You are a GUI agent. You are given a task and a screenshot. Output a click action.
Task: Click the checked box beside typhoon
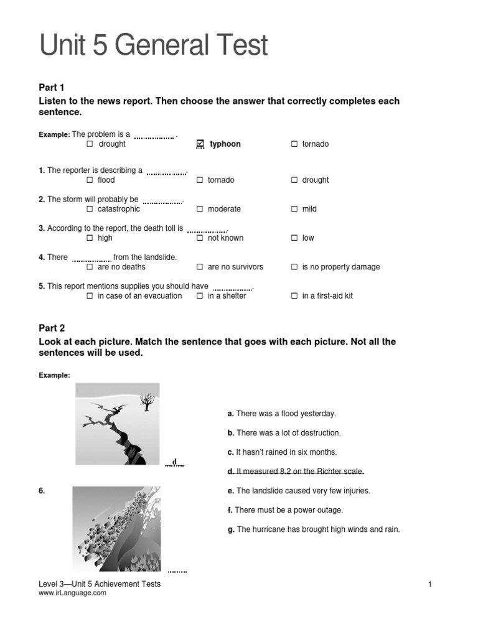(x=200, y=144)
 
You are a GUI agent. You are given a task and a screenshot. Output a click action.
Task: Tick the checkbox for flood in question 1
(x=90, y=180)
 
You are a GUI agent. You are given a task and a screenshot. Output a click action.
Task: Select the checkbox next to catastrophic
(x=90, y=209)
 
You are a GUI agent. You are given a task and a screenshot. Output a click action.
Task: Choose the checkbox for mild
(x=294, y=209)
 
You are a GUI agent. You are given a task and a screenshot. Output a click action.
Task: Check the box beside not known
(x=200, y=238)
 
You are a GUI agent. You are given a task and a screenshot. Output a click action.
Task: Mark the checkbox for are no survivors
(x=200, y=267)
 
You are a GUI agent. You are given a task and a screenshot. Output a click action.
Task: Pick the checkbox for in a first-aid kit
(x=294, y=296)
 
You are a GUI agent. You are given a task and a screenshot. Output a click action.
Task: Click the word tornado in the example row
(x=315, y=144)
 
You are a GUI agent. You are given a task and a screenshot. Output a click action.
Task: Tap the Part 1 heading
(x=52, y=88)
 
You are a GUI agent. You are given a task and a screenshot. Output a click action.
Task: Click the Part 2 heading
(x=52, y=328)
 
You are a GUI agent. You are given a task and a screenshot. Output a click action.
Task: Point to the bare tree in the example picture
(x=147, y=401)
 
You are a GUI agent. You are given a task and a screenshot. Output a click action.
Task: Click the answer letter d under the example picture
(x=175, y=462)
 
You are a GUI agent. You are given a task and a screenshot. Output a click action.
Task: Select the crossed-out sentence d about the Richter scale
(x=296, y=471)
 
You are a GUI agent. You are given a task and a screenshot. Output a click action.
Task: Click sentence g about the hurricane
(x=314, y=529)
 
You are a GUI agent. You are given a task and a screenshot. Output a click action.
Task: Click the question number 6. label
(x=42, y=491)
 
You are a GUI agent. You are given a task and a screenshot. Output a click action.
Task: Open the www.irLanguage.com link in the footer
(x=72, y=593)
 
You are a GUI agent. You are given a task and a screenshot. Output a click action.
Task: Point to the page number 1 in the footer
(x=429, y=584)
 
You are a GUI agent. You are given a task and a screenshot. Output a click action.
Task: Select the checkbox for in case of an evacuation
(x=90, y=296)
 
